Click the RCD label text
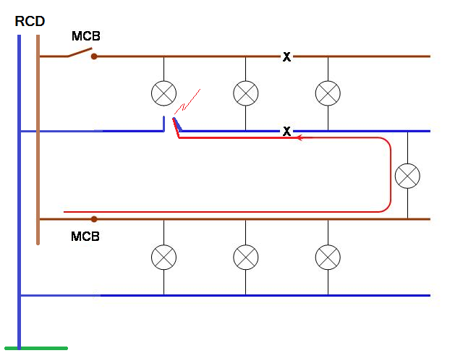30,22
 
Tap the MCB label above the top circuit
86,36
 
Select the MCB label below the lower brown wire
85,237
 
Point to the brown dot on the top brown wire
94,56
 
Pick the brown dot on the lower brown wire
94,218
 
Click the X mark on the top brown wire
286,56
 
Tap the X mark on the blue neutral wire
286,132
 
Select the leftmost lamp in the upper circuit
163,93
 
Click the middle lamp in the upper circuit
246,93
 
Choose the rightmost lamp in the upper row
328,93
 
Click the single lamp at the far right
407,175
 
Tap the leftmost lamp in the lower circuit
163,256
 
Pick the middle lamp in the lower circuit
246,256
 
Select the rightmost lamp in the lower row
328,256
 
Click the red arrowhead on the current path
297,137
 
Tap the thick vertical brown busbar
37,145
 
